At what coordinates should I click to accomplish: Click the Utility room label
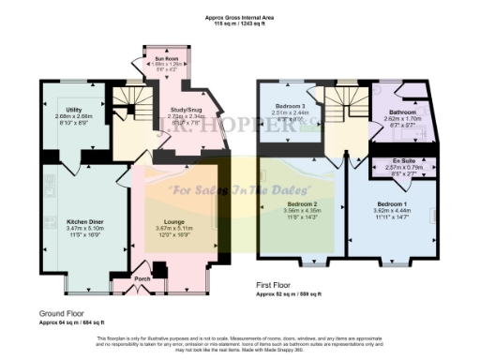[72, 109]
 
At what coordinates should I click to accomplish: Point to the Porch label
[143, 277]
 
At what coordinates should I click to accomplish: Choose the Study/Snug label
[182, 109]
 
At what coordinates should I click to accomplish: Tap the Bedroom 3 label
[292, 107]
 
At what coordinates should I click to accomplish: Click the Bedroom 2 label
[302, 203]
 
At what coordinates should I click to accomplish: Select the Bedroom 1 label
[391, 203]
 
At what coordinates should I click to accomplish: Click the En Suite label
[401, 159]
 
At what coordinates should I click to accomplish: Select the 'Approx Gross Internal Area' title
[240, 16]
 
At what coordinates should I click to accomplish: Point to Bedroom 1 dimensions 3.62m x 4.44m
[391, 210]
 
